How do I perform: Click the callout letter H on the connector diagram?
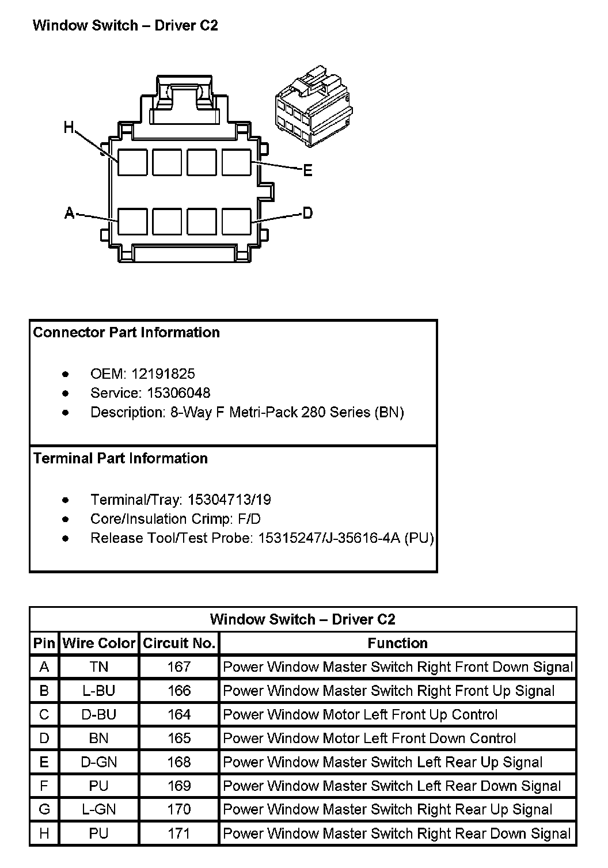point(69,127)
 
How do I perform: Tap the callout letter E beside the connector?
point(307,170)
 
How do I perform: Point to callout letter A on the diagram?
point(70,214)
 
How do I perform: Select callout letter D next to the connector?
point(308,213)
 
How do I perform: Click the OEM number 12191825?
point(163,374)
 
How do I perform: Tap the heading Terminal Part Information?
point(120,458)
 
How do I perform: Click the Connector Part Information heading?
point(126,332)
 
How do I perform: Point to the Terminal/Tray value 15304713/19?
point(230,500)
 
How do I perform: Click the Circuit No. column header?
point(179,643)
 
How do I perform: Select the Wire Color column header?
point(99,643)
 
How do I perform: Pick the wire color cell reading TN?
point(99,667)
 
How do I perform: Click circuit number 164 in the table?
point(179,714)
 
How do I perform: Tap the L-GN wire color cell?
point(99,809)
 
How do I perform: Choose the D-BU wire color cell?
point(99,714)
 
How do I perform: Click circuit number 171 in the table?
point(179,833)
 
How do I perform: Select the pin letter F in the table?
point(44,786)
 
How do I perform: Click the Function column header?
point(397,643)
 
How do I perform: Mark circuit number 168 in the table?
point(179,762)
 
